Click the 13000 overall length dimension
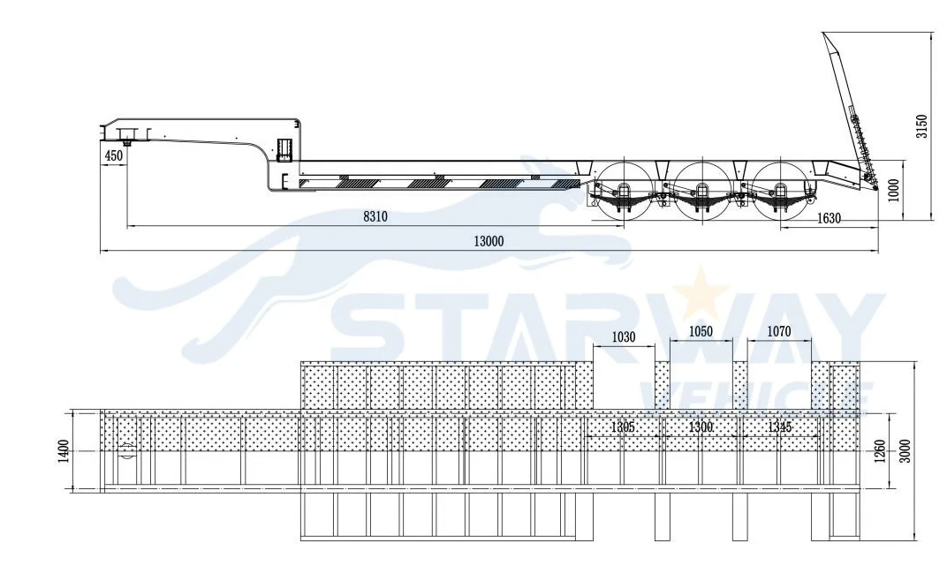[x=488, y=241]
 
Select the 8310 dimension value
[x=375, y=216]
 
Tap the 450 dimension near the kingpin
[x=114, y=155]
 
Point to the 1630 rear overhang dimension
[x=829, y=218]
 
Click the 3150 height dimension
[x=921, y=126]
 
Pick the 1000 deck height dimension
[x=895, y=190]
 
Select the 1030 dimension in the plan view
[x=624, y=337]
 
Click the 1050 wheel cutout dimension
[x=701, y=331]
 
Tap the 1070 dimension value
[x=779, y=331]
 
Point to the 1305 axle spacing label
[x=623, y=427]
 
